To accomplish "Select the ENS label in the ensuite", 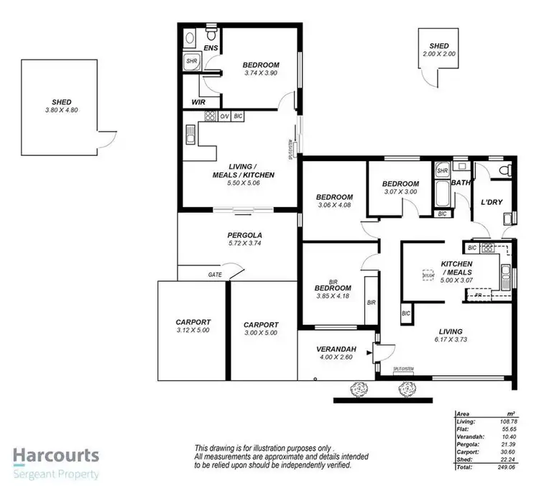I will point(211,48).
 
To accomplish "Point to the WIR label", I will point(198,102).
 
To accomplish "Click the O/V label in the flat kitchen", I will point(224,116).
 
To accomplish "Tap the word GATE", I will point(214,275).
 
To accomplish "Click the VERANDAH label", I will point(334,350).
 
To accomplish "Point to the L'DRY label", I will point(492,202).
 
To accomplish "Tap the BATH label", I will point(461,183).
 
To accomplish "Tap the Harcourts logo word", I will point(56,456).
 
